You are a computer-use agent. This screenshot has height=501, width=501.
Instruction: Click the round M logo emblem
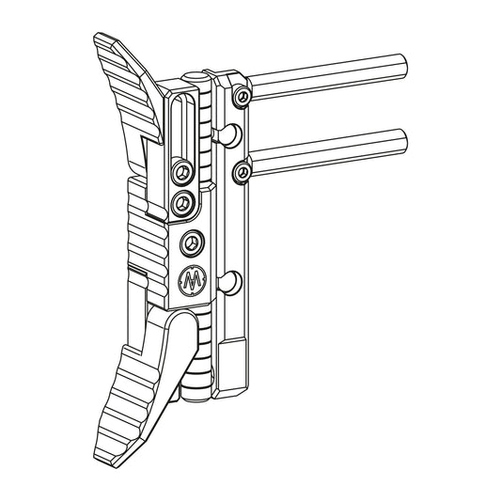(192, 279)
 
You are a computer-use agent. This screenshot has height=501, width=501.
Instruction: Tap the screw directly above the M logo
(191, 242)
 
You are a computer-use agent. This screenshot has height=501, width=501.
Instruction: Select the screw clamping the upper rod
(243, 97)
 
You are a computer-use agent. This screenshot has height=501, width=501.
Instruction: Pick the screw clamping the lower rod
(243, 170)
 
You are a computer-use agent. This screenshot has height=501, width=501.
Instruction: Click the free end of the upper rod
(407, 69)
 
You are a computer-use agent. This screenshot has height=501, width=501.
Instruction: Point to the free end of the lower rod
(406, 142)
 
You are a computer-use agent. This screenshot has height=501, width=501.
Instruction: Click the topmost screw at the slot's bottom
(181, 174)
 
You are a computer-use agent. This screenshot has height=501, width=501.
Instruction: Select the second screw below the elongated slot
(184, 200)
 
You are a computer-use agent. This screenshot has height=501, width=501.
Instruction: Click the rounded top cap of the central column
(194, 75)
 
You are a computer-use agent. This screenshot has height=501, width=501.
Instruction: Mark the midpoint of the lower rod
(329, 156)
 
